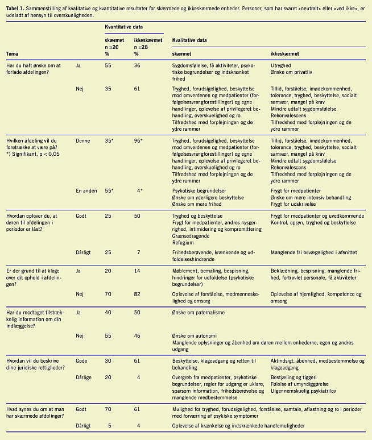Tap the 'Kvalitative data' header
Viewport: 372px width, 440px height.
tap(189, 41)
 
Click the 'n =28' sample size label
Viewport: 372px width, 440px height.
tap(142, 47)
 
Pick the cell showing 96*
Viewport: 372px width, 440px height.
tap(138, 140)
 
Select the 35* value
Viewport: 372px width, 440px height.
tap(110, 140)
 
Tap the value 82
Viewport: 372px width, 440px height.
tap(137, 294)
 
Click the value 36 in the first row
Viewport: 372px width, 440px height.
tap(137, 67)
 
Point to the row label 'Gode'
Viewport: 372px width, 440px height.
tap(83, 361)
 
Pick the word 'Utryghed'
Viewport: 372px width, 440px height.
tap(282, 67)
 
